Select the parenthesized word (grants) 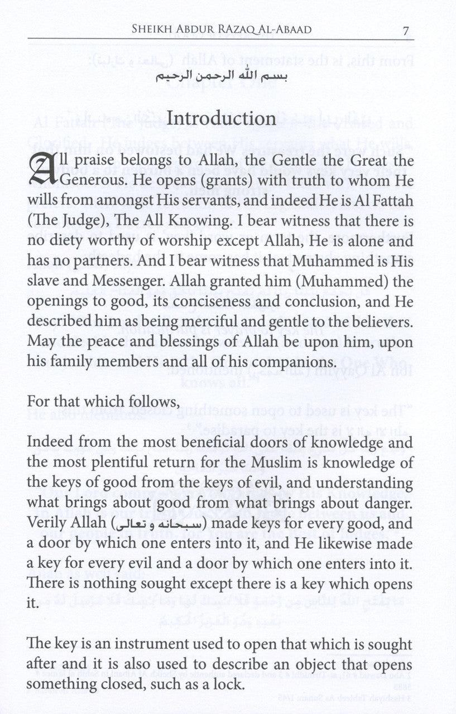click(205, 185)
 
